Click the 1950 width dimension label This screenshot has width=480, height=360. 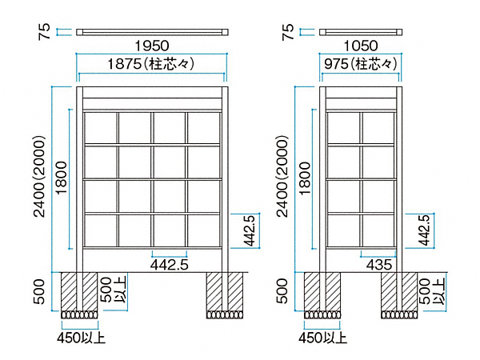tap(152, 46)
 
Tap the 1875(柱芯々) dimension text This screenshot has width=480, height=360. tap(151, 64)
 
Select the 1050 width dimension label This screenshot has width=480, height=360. tap(361, 46)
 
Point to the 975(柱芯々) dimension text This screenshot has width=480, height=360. tap(361, 64)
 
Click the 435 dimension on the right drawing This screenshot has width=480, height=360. tap(379, 265)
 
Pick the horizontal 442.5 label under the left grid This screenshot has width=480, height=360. tap(170, 265)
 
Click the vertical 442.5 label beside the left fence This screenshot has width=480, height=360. tap(250, 230)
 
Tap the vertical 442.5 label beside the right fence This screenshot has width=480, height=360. tap(424, 230)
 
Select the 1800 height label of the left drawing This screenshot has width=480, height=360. tap(62, 178)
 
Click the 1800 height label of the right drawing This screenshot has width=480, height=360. tap(305, 178)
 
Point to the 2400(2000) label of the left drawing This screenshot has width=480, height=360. tap(39, 176)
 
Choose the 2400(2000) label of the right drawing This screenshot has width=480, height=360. tap(282, 176)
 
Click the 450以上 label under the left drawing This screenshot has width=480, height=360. tap(81, 338)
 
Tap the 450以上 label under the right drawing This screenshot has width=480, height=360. tap(323, 338)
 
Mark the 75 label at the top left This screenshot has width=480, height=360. tap(44, 31)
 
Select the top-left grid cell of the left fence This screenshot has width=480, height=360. tap(100, 128)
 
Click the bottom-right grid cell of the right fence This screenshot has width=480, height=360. tap(378, 230)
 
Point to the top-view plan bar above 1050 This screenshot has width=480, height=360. tap(361, 32)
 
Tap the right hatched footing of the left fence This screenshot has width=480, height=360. tap(225, 291)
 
